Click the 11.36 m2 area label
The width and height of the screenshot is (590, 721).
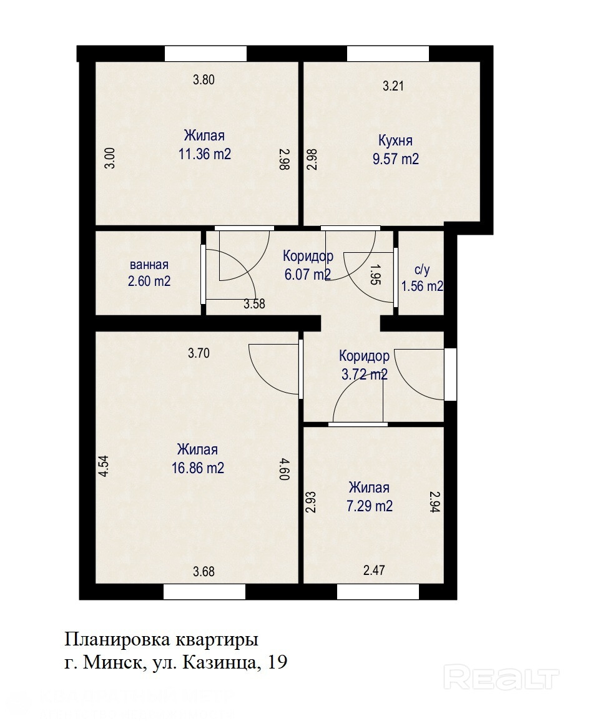click(x=205, y=154)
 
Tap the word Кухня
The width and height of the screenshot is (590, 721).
click(x=395, y=140)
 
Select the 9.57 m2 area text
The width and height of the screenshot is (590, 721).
click(x=395, y=159)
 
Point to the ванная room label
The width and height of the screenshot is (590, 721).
click(x=149, y=265)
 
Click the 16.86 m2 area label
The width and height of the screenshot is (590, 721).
click(x=198, y=468)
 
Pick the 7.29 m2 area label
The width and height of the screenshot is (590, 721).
click(x=370, y=506)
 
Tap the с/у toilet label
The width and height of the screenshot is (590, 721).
click(x=422, y=270)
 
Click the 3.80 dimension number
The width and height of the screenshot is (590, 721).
click(x=204, y=79)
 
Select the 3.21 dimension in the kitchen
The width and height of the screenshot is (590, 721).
click(x=393, y=86)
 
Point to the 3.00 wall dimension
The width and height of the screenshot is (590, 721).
click(x=110, y=158)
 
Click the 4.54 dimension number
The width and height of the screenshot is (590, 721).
click(x=104, y=465)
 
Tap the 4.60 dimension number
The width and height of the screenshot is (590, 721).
click(x=283, y=469)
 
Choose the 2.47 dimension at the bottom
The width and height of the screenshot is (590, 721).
click(x=374, y=570)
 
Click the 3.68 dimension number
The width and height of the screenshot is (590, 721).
click(x=204, y=572)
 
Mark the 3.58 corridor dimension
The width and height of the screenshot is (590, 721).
click(x=254, y=303)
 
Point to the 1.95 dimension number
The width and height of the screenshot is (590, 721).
click(x=376, y=275)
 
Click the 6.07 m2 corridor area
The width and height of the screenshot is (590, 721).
click(x=308, y=275)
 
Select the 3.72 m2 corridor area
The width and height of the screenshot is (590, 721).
click(x=364, y=375)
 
